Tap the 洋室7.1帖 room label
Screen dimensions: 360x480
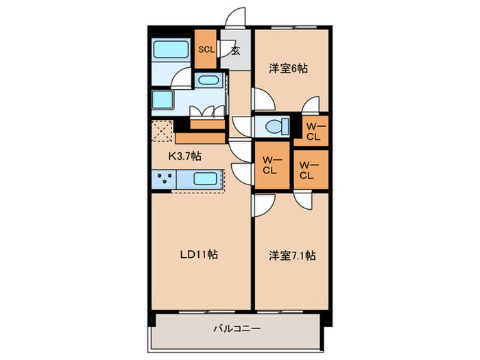click(x=291, y=256)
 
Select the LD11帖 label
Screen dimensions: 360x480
click(x=199, y=254)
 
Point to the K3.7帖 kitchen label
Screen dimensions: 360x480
click(x=185, y=156)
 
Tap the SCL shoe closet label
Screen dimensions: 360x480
click(x=206, y=49)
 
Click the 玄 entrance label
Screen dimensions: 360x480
click(x=235, y=50)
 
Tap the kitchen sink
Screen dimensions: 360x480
click(x=206, y=180)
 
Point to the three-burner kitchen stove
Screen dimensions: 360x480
click(x=165, y=180)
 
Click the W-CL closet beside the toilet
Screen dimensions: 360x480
click(x=314, y=130)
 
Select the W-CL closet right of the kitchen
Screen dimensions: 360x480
click(x=268, y=166)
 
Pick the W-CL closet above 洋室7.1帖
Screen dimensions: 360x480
click(x=307, y=169)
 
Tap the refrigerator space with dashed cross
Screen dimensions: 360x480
click(x=162, y=130)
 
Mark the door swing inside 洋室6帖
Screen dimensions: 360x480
click(x=264, y=99)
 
